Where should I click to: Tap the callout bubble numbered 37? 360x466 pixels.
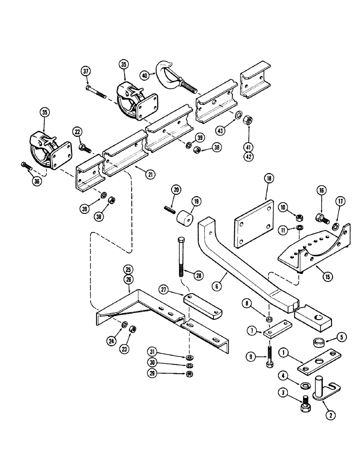tap(85, 71)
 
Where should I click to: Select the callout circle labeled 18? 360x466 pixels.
tap(269, 178)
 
